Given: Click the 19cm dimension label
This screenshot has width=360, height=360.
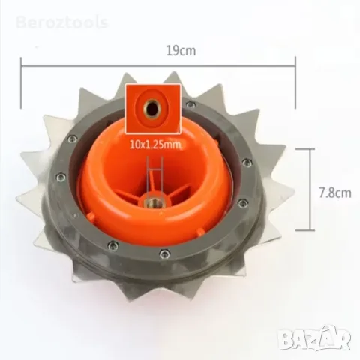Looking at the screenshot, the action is (x=181, y=51).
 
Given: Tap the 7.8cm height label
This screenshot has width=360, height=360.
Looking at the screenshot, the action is (x=335, y=193).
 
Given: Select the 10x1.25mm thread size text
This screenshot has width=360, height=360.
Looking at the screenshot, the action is (x=154, y=145).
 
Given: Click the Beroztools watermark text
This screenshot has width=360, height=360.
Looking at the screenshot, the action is (x=62, y=22).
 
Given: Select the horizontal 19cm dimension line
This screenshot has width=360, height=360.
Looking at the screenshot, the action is (x=158, y=66).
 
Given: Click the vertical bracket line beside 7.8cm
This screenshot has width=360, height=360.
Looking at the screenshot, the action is (x=311, y=189).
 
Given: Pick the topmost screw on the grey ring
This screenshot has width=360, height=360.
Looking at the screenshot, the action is (x=191, y=103).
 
